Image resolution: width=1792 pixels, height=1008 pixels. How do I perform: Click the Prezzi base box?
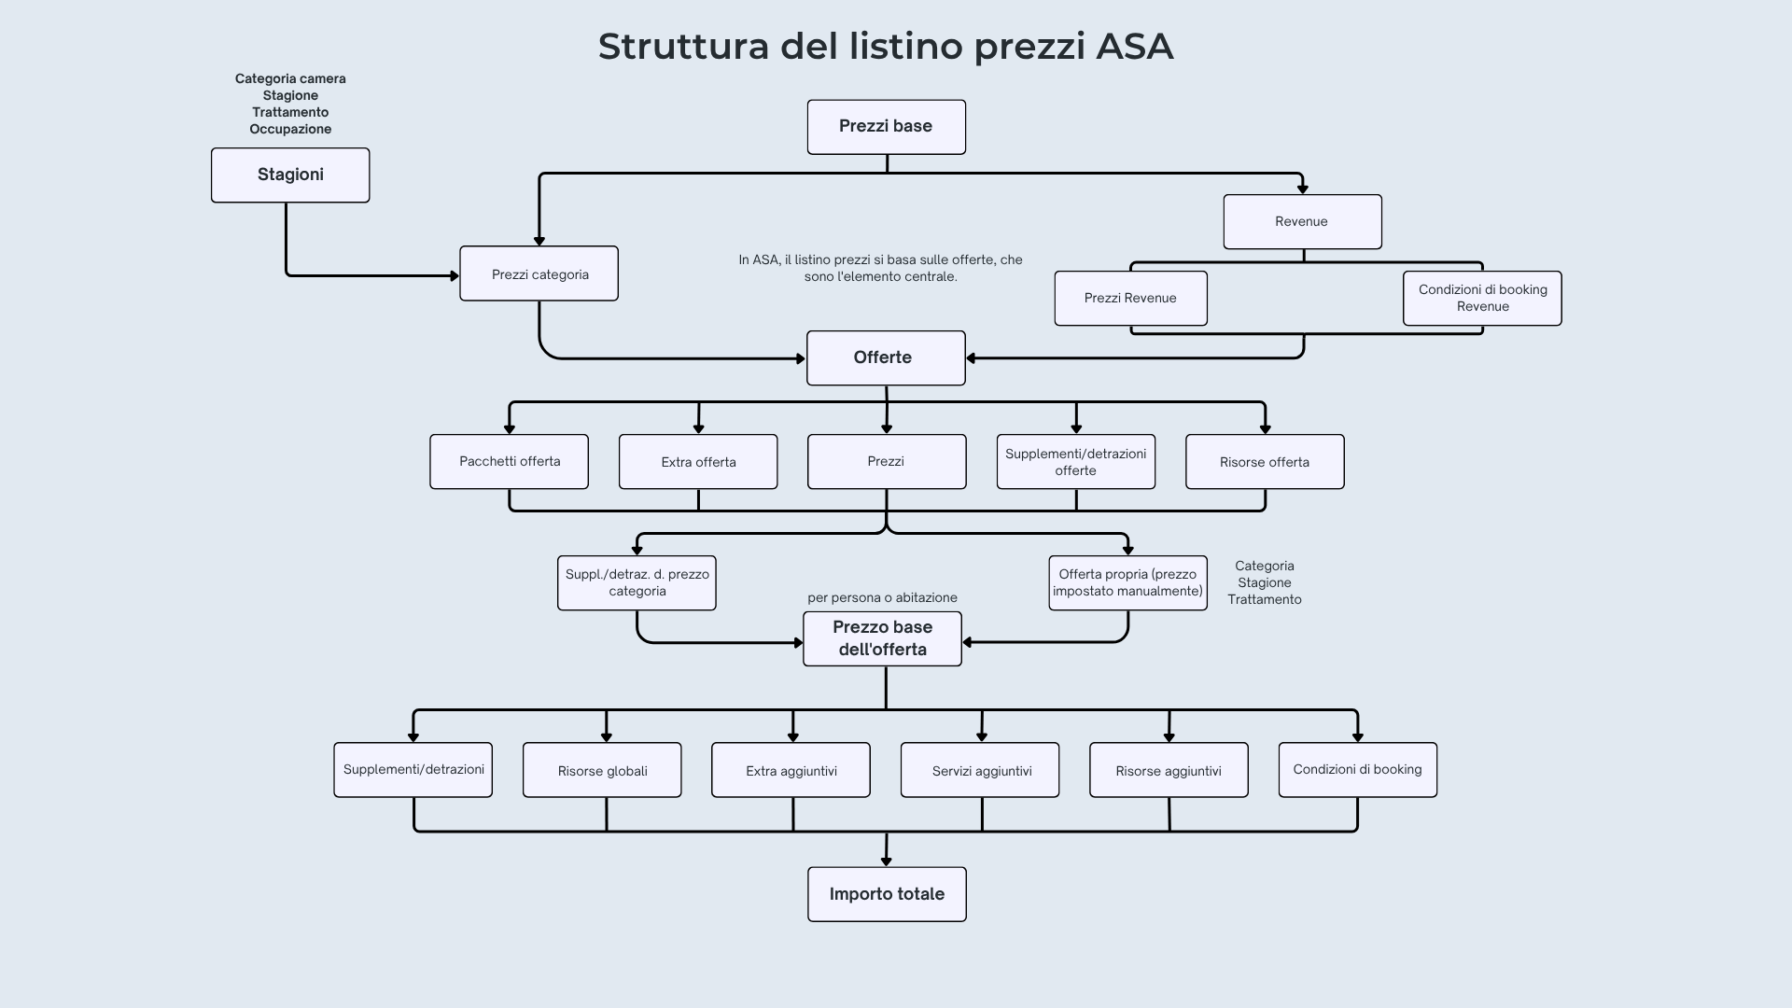pyautogui.click(x=886, y=127)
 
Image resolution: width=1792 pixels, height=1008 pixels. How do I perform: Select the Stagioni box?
pyautogui.click(x=290, y=175)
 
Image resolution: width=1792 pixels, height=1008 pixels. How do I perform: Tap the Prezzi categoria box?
pyautogui.click(x=539, y=273)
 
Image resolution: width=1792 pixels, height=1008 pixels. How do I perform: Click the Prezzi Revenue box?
pyautogui.click(x=1130, y=299)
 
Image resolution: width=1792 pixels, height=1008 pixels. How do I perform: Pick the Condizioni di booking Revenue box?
pyautogui.click(x=1482, y=299)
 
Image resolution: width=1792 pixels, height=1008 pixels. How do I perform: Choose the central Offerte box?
pyautogui.click(x=885, y=357)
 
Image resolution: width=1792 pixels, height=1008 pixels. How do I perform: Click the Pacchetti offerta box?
pyautogui.click(x=509, y=461)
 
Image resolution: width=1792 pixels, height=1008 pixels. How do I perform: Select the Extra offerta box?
pyautogui.click(x=698, y=461)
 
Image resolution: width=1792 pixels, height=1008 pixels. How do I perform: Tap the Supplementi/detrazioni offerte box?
pyautogui.click(x=1075, y=461)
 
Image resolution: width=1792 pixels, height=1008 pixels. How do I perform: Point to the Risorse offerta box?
pyautogui.click(x=1265, y=461)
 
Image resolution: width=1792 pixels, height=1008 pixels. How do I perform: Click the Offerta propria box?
pyautogui.click(x=1127, y=583)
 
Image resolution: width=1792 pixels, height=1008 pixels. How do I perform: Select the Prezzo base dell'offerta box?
pyautogui.click(x=882, y=638)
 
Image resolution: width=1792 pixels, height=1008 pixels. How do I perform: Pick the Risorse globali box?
pyautogui.click(x=602, y=770)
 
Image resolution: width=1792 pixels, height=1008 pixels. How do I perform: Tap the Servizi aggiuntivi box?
pyautogui.click(x=980, y=770)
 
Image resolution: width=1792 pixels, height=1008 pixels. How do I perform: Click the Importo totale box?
pyautogui.click(x=887, y=894)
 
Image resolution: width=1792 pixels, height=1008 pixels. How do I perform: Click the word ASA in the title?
pyautogui.click(x=1134, y=47)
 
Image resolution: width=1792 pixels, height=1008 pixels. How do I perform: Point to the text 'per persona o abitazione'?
pyautogui.click(x=882, y=597)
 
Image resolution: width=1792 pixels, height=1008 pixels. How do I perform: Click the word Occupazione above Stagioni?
pyautogui.click(x=290, y=129)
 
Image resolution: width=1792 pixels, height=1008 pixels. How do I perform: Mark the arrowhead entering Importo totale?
pyautogui.click(x=886, y=861)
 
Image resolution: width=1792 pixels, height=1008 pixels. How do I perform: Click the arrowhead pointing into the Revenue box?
pyautogui.click(x=1302, y=189)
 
